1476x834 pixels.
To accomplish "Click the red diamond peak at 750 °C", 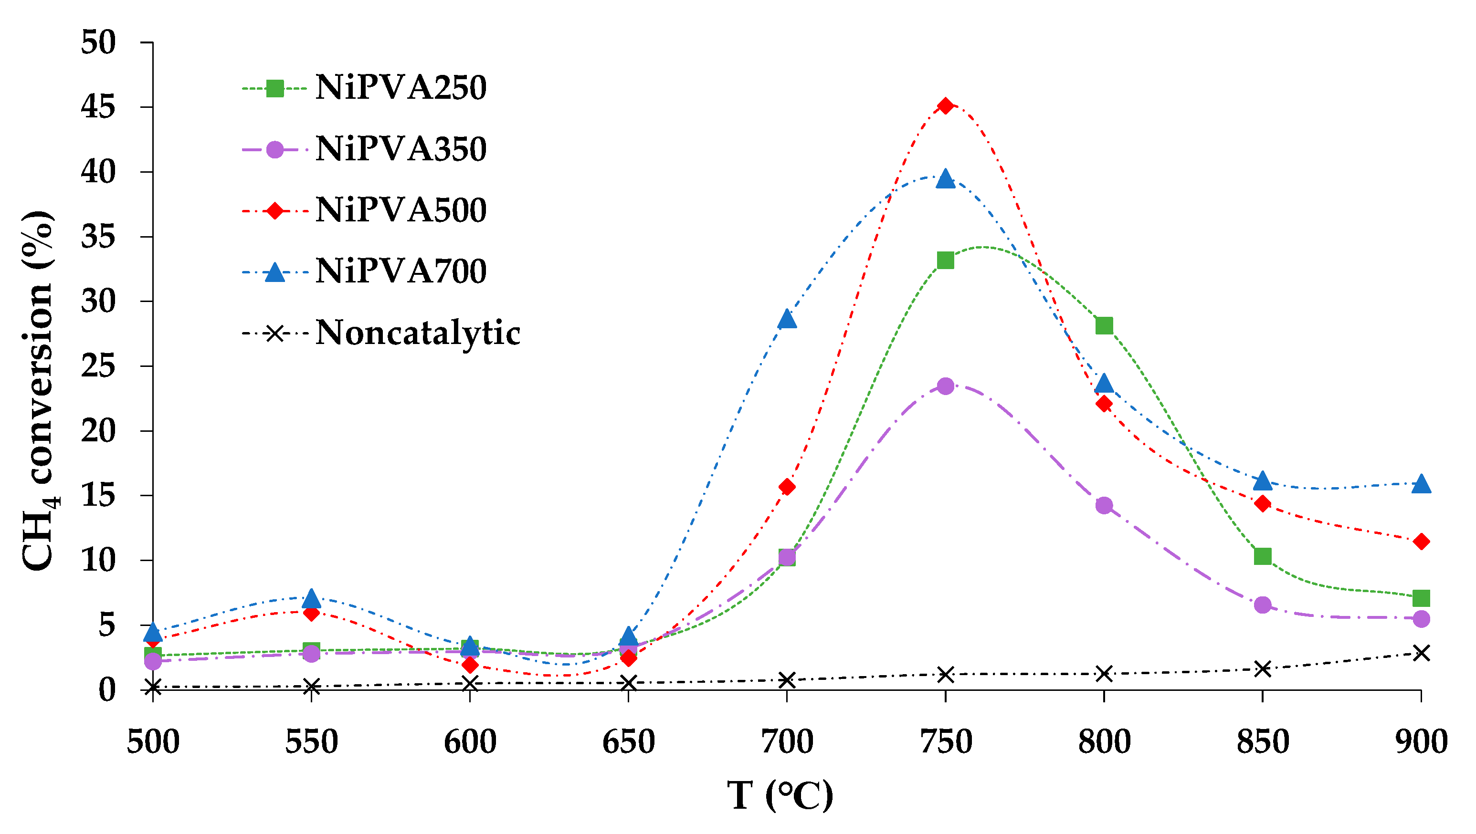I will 946,105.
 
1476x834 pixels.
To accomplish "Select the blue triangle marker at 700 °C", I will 787,319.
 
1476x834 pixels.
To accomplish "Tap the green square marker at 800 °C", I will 1104,326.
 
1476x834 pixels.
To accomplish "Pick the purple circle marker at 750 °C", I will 946,386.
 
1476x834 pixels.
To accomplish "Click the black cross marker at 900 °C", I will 1421,653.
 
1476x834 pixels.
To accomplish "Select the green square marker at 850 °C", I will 1263,556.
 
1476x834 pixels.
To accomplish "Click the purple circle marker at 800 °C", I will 1104,505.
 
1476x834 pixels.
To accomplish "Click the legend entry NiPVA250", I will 401,88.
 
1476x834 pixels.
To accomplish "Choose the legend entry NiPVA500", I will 401,210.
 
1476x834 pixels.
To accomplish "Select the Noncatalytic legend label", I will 418,333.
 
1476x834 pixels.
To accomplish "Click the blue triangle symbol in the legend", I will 275,272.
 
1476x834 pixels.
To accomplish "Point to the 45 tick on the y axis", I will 98,107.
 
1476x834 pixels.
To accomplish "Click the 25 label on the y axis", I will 98,366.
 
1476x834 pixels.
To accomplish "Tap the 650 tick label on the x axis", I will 629,742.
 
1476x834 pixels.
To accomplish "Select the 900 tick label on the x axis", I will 1421,742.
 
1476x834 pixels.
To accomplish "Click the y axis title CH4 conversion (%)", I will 39,389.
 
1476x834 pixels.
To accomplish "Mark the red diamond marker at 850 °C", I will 1263,503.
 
